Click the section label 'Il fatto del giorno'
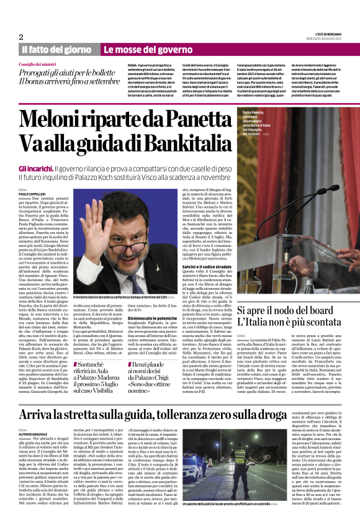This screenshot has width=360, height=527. point(56,50)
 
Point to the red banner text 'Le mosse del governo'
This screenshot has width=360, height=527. point(140,50)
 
